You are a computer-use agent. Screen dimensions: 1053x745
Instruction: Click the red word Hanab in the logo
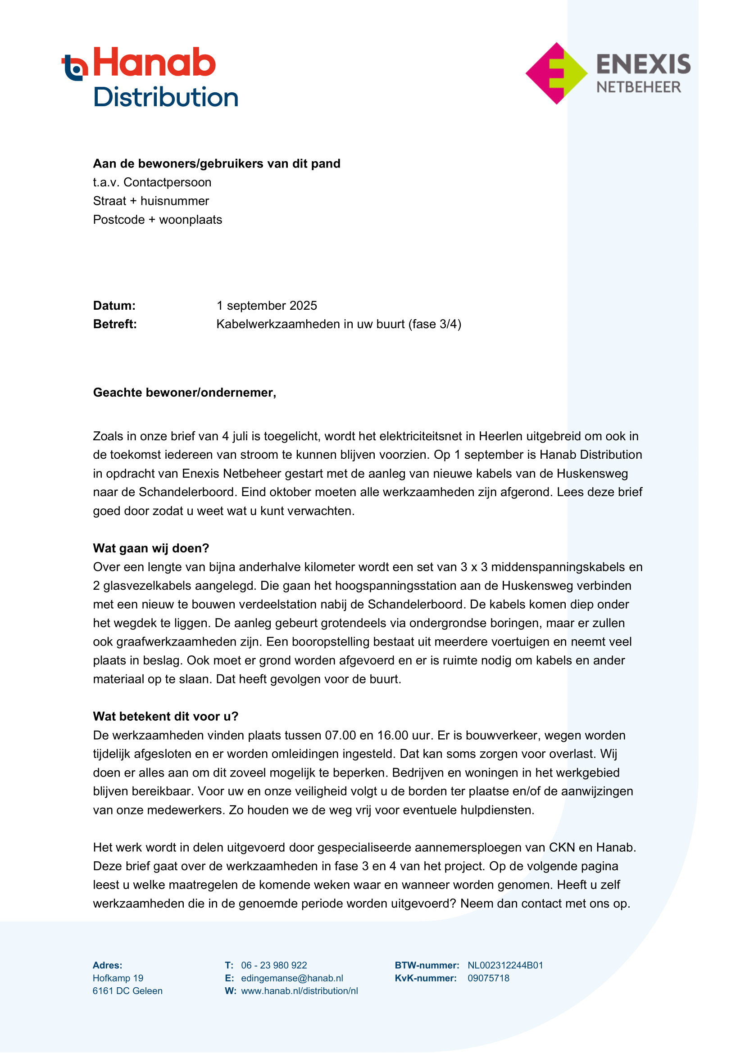154,63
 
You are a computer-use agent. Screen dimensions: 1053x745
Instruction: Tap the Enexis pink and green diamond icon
556,73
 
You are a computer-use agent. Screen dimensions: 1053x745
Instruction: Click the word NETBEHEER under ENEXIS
639,87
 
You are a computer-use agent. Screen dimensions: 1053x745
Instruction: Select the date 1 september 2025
267,305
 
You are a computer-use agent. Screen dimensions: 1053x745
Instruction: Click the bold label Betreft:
115,324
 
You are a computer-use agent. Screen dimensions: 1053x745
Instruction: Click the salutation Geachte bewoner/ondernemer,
184,393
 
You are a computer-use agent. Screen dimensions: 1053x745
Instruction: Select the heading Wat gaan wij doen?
151,548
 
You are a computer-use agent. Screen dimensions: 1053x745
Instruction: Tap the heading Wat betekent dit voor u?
166,716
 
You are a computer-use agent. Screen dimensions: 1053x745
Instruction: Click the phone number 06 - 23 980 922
274,965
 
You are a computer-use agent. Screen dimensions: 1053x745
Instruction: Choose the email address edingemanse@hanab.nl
292,978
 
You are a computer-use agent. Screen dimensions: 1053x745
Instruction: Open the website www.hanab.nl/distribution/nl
299,991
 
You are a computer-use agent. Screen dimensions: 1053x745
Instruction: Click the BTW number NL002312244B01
505,965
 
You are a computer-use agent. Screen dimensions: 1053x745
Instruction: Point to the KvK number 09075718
489,978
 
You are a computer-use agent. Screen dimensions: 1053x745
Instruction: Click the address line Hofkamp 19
118,978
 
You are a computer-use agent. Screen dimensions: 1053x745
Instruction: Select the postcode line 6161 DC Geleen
127,991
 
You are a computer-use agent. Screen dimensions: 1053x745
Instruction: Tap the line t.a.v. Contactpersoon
152,182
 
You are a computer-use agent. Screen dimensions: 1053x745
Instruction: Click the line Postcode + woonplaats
157,220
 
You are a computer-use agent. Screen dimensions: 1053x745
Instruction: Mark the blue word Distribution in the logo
166,97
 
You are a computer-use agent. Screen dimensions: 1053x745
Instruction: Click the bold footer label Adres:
107,965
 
